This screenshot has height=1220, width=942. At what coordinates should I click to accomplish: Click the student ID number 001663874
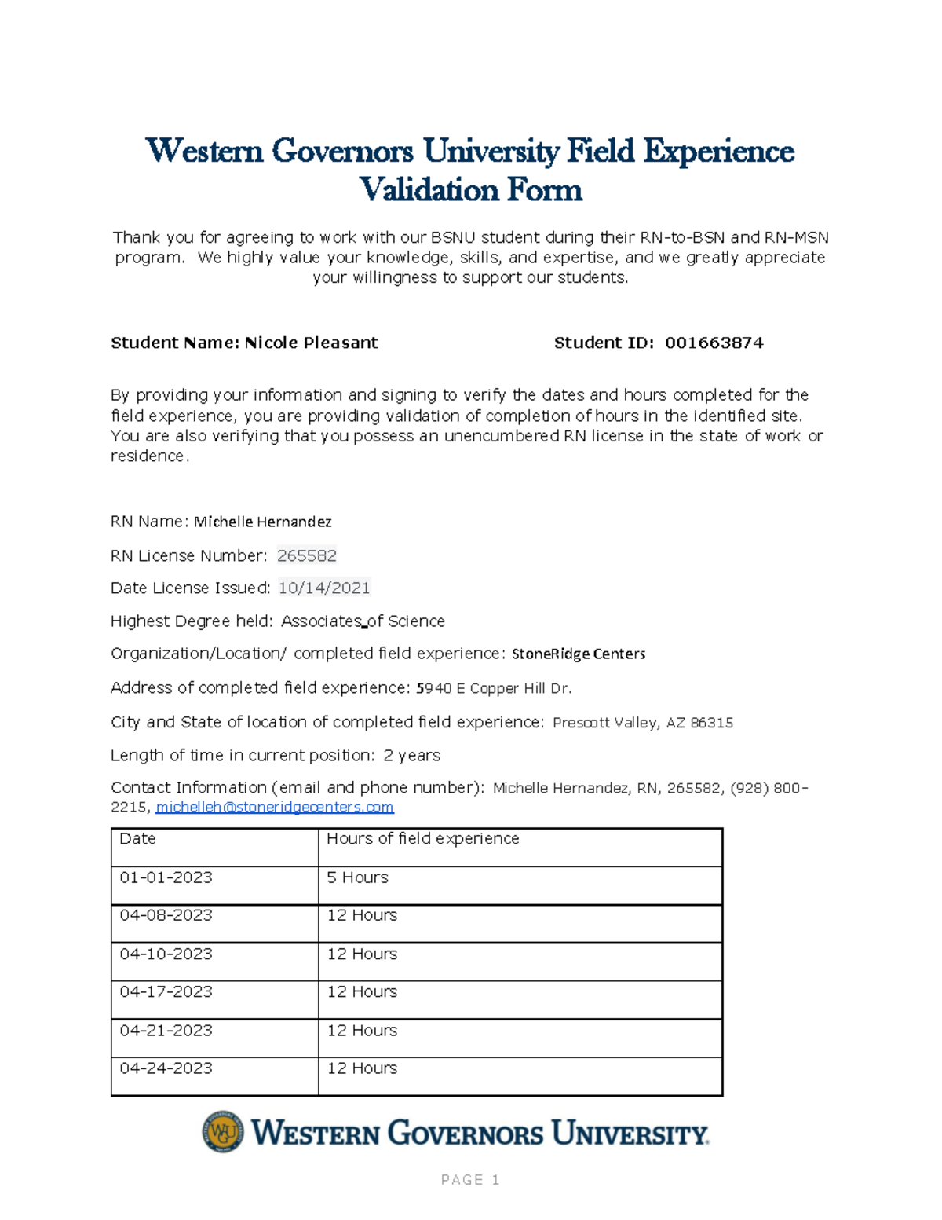click(x=714, y=343)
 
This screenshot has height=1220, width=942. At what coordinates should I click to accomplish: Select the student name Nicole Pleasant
click(x=311, y=343)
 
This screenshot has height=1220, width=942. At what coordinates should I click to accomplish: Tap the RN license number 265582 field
click(x=307, y=556)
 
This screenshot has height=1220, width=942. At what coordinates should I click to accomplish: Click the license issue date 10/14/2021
click(x=324, y=588)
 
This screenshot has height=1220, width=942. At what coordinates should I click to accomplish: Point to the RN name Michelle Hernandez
click(x=262, y=522)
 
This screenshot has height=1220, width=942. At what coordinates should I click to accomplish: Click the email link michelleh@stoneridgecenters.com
click(x=275, y=808)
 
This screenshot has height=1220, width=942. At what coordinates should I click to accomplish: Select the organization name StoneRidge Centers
click(x=579, y=654)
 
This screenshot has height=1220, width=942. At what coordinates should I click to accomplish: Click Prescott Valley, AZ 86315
click(x=643, y=723)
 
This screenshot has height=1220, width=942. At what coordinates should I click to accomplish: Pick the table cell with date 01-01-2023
click(x=166, y=877)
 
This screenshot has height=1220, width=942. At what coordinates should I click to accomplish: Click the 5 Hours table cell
click(x=357, y=877)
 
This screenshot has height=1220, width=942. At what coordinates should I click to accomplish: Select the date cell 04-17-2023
click(x=166, y=992)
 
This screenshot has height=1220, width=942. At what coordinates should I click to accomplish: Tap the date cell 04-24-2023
click(x=166, y=1068)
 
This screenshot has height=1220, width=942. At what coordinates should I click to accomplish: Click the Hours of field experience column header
click(x=422, y=839)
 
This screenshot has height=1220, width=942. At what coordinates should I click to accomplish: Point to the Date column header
click(x=137, y=839)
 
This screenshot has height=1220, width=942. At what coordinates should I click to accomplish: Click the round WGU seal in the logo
click(x=223, y=1132)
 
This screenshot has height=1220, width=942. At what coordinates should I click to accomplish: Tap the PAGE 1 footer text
click(x=470, y=1180)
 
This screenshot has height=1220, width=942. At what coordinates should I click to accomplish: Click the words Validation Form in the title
click(x=470, y=190)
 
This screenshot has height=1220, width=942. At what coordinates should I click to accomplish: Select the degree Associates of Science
click(x=363, y=621)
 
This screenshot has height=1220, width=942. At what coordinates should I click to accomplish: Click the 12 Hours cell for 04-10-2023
click(x=362, y=954)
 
